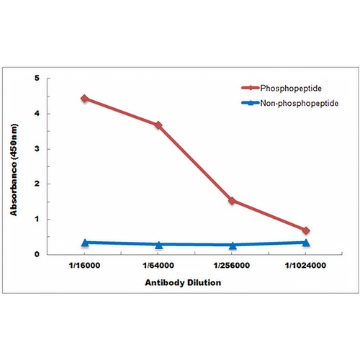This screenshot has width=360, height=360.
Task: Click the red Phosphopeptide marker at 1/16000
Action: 84,98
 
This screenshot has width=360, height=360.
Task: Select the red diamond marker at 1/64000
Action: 158,125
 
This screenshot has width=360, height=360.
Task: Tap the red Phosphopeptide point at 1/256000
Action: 232,201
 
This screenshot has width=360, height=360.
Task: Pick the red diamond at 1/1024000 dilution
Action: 306,230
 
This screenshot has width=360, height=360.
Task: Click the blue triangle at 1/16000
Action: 84,243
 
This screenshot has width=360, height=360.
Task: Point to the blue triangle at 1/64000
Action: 158,245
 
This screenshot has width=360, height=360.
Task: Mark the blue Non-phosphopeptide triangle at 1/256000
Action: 232,246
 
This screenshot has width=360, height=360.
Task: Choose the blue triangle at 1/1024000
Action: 306,243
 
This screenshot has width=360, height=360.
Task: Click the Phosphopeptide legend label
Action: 291,89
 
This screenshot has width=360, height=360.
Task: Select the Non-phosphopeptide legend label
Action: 300,103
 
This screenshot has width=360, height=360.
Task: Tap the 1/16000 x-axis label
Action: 84,266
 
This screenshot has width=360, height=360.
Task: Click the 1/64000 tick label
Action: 158,266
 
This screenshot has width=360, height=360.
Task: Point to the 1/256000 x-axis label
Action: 232,266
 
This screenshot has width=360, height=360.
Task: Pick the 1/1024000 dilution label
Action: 305,266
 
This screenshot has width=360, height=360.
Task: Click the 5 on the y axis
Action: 37,78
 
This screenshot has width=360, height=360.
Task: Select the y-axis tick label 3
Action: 37,149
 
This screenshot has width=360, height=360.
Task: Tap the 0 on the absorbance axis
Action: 37,254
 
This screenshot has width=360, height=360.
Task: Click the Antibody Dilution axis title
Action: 183,283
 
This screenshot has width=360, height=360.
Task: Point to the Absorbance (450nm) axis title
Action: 14,170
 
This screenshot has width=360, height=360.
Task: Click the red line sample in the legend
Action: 251,88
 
